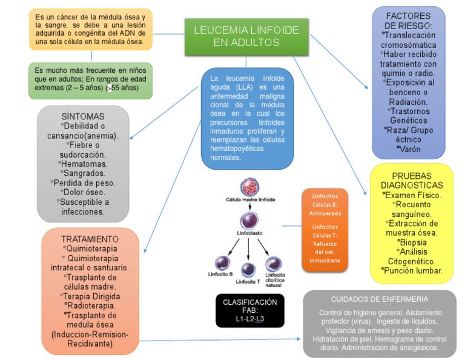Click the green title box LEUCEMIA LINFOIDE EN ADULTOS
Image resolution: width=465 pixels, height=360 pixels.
point(246,36)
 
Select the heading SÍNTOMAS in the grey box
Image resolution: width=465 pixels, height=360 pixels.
point(83,116)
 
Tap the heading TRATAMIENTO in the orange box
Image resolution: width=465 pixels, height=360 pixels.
point(90,239)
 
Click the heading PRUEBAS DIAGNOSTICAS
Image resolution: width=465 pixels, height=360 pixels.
point(412,180)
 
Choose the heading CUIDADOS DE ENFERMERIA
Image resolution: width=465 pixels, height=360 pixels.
point(380,299)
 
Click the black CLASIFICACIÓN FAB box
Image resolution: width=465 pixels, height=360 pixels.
point(250,310)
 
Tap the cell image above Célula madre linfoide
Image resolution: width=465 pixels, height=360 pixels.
point(249,187)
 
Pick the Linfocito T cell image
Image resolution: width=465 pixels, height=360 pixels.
point(248,269)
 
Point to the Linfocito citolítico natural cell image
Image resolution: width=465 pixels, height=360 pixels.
point(274,264)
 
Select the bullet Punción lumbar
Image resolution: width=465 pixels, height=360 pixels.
point(414,271)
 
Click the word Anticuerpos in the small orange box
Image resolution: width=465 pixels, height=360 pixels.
point(326,213)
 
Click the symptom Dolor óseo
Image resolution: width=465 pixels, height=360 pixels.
point(84,192)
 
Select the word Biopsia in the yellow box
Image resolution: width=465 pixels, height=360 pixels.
point(413,242)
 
